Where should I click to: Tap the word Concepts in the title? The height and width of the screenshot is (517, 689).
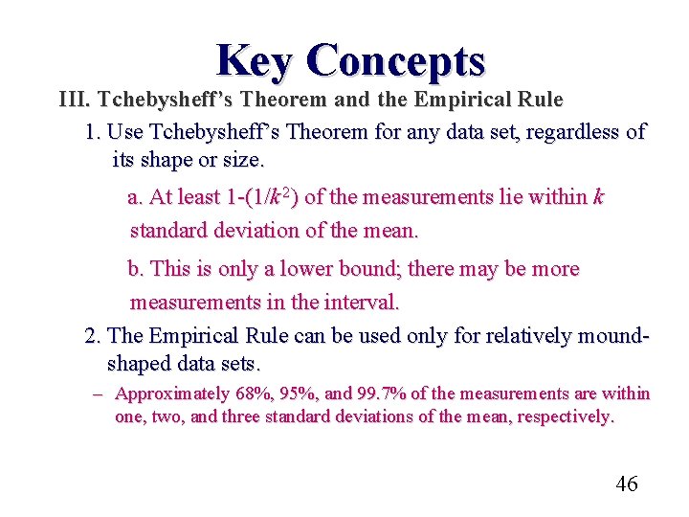[x=396, y=60]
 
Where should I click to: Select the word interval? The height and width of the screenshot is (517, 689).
[x=359, y=303]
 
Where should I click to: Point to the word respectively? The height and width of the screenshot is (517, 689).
[x=565, y=417]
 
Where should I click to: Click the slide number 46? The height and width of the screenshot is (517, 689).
[x=626, y=484]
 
